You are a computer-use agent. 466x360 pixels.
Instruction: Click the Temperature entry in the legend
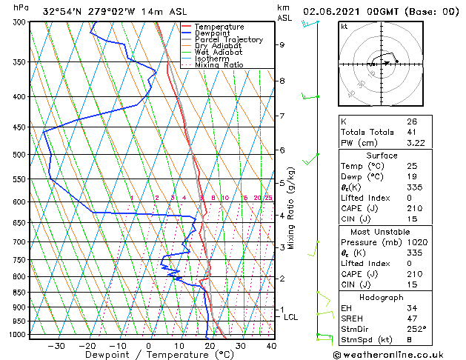pos(219,27)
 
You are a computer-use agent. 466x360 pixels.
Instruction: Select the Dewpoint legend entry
pos(213,33)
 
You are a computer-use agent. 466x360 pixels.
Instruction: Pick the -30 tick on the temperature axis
pos(56,346)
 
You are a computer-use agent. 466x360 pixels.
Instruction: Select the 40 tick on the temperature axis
pos(270,346)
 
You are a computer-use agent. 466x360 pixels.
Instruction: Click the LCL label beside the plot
pos(291,317)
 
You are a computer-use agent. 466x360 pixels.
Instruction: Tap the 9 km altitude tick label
pos(282,44)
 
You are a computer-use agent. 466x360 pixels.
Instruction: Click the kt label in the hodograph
pos(344,26)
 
